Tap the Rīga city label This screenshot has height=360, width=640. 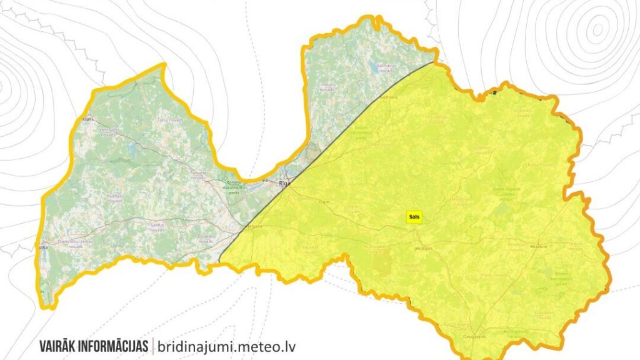(285, 183)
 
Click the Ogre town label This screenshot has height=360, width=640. (323, 202)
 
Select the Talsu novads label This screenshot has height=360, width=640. (165, 119)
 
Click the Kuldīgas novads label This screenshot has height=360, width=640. (117, 199)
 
